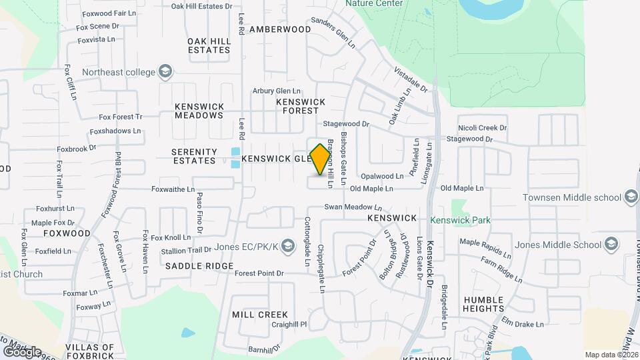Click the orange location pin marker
point(321,159)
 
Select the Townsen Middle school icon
point(631,197)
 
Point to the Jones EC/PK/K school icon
point(287,245)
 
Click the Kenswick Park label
point(459,219)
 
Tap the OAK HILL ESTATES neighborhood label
point(209,45)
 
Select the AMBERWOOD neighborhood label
point(280,29)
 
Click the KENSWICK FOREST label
point(301,106)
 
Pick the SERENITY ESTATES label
point(194,156)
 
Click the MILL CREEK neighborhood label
point(260,315)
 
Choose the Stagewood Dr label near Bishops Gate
point(346,124)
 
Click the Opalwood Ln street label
point(382,177)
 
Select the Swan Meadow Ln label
point(353,208)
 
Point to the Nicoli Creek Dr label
point(483,127)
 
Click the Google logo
point(22,352)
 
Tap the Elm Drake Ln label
point(523,325)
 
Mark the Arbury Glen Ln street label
point(277,91)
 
